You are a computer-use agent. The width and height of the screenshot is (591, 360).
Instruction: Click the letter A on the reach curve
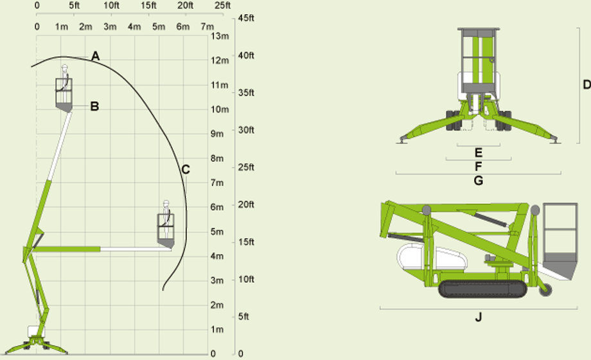click(95, 56)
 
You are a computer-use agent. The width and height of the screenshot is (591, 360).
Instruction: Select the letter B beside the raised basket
click(94, 107)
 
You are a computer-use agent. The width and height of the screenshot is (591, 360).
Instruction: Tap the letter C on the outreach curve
click(185, 170)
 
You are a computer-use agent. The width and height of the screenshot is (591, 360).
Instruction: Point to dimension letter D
click(587, 85)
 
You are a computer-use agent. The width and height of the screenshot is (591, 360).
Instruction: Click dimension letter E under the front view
click(479, 152)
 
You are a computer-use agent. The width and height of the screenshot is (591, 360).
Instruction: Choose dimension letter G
click(479, 181)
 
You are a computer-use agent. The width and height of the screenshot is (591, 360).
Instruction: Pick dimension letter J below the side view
click(479, 317)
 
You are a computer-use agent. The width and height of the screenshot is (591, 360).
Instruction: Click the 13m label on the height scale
click(220, 36)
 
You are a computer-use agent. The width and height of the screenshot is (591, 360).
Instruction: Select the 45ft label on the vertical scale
click(246, 18)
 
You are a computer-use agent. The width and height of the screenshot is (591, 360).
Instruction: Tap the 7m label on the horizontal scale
click(207, 27)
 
